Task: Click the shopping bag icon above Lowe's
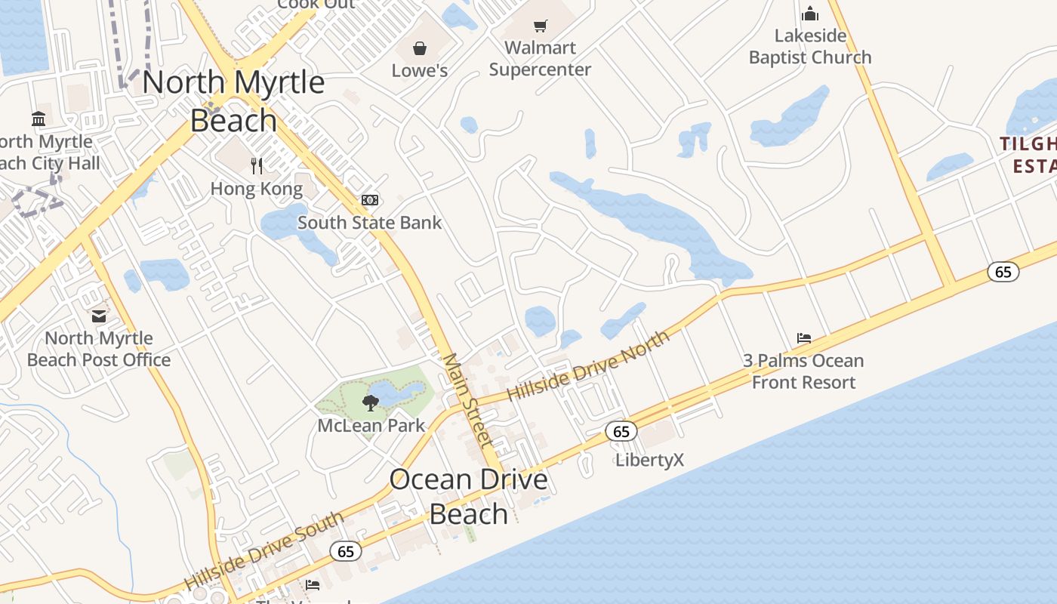click(420, 49)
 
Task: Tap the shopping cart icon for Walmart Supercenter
click(540, 26)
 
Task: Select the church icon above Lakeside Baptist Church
click(810, 14)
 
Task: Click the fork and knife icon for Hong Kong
click(257, 165)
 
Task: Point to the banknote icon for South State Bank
click(370, 200)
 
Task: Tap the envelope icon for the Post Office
click(99, 316)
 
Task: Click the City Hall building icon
click(39, 119)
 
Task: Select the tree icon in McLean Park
click(370, 402)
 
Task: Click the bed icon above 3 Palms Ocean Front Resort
click(803, 338)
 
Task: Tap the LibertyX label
click(649, 460)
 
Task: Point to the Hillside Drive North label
click(588, 365)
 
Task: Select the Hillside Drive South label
click(263, 551)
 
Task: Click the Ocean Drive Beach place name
click(468, 496)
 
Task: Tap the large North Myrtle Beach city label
click(233, 101)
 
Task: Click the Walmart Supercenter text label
click(540, 58)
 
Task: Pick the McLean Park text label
click(371, 425)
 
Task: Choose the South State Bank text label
click(369, 223)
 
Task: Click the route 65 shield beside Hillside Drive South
click(346, 551)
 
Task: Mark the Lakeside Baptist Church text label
click(810, 47)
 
